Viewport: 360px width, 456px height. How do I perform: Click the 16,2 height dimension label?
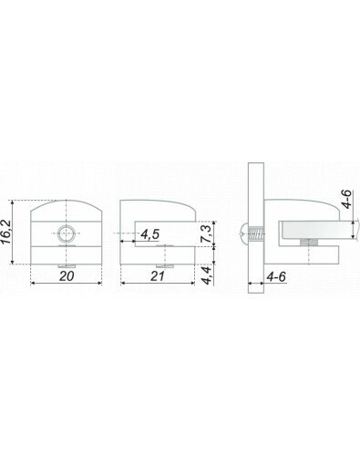(7, 232)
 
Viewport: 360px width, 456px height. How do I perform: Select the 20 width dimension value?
(67, 276)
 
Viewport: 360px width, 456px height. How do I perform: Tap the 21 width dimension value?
(158, 276)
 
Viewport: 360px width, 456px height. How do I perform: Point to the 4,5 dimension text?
(149, 234)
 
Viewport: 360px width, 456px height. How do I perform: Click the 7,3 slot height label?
(207, 233)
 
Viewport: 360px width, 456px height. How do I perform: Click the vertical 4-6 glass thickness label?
(346, 199)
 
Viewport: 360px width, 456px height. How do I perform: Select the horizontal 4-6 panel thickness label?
(276, 276)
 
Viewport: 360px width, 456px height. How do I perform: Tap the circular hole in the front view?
(67, 233)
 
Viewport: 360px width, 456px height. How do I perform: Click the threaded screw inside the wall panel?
(256, 234)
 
